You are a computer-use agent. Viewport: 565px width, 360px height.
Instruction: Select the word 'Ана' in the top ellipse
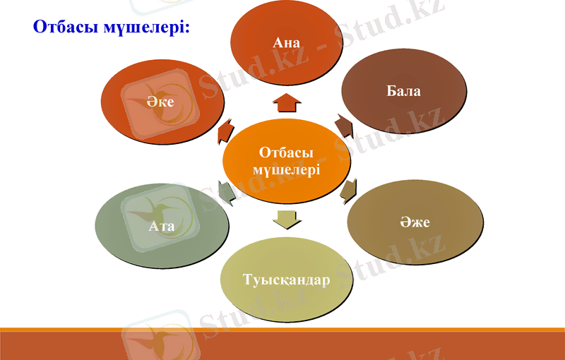click(x=287, y=43)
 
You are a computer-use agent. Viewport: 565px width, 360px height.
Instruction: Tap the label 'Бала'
click(x=403, y=91)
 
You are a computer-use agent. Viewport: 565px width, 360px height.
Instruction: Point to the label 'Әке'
click(x=161, y=102)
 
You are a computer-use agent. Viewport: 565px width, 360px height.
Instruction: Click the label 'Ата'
click(x=162, y=227)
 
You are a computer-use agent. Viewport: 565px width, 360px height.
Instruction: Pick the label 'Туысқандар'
click(x=286, y=280)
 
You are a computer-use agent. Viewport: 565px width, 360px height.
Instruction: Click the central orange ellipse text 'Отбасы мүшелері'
click(x=286, y=162)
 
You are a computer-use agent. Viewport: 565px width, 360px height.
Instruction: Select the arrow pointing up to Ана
click(x=287, y=103)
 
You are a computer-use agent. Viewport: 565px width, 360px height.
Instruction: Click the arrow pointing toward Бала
click(x=344, y=125)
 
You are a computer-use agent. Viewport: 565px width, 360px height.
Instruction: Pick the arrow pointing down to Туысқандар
click(x=286, y=220)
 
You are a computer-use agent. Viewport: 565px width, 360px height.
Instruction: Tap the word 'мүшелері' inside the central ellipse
click(x=286, y=170)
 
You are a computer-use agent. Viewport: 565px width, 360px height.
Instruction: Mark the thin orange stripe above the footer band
click(x=282, y=329)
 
